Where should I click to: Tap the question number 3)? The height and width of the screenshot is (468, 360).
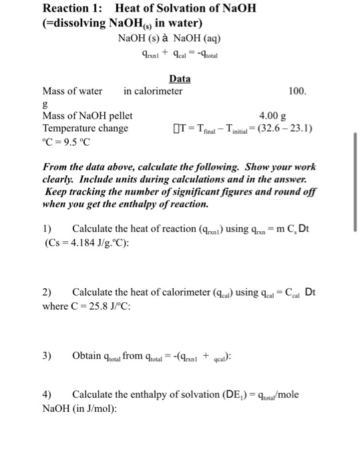coord(47,356)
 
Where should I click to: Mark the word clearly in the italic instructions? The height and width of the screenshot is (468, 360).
coord(60,179)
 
